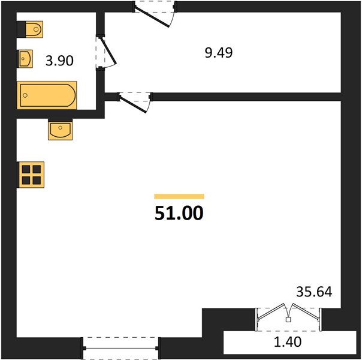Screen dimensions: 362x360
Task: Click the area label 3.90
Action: pos(59,61)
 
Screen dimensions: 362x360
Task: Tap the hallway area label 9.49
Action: pos(219,53)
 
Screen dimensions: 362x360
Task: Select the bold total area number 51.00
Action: pos(179,213)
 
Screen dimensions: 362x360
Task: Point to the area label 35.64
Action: pos(314,292)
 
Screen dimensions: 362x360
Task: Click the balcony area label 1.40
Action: pos(288,342)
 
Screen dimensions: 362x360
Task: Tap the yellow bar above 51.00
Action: pos(179,196)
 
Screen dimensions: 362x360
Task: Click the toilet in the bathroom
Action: pos(34,29)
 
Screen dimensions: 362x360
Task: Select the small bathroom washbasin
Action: pos(25,59)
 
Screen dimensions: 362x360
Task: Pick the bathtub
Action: pos(47,95)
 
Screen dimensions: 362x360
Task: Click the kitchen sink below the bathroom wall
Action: pos(61,130)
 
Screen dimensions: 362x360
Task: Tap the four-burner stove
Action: pos(31,175)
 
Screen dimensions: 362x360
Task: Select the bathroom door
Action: pos(105,52)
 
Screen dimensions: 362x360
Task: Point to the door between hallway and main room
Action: pos(135,101)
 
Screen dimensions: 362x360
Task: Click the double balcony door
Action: pos(288,317)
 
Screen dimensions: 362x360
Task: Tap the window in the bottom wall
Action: pos(120,348)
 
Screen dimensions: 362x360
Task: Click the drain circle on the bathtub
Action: pos(25,95)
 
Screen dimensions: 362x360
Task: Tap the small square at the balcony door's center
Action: pos(288,320)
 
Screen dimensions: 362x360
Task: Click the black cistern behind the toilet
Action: pos(21,29)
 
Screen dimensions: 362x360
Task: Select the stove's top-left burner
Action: pos(26,169)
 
